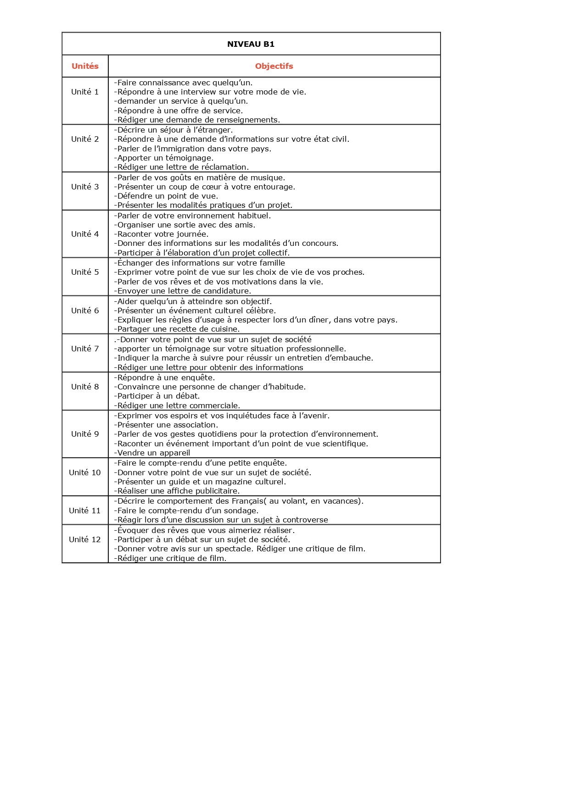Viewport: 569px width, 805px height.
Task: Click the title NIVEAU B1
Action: coord(251,44)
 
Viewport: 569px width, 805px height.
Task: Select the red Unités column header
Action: coord(85,66)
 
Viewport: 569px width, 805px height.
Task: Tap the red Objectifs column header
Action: coord(274,66)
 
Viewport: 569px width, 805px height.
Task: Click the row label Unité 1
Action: coord(85,92)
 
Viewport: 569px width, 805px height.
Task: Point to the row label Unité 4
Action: coord(85,234)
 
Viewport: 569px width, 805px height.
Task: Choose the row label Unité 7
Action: coord(85,349)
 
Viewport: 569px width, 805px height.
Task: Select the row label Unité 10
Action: coord(85,472)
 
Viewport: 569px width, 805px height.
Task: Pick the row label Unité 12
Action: coord(85,539)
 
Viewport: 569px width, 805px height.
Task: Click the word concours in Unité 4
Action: coord(320,243)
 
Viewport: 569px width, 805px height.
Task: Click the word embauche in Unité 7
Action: coord(352,358)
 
